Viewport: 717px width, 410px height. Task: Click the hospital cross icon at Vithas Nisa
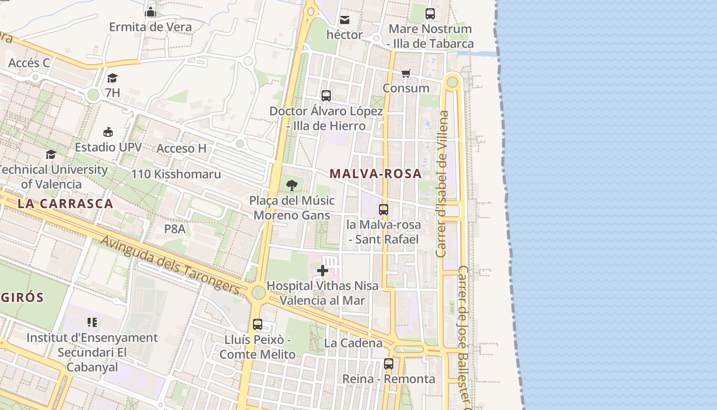(x=323, y=271)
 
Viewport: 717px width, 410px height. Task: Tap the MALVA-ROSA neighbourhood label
(x=375, y=174)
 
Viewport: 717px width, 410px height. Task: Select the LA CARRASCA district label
(x=65, y=203)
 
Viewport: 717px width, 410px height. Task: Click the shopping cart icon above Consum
(x=406, y=73)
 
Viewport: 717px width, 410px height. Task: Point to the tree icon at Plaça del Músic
(x=292, y=186)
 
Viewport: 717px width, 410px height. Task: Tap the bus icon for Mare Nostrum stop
(x=430, y=14)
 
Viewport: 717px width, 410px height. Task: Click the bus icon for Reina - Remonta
(x=389, y=364)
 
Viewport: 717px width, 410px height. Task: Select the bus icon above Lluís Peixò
(x=258, y=324)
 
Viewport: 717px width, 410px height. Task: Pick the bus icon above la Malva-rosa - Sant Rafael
(x=384, y=209)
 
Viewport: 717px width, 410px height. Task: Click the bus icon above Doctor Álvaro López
(x=326, y=96)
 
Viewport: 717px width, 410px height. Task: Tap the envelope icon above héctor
(x=345, y=20)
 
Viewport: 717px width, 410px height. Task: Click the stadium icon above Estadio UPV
(x=108, y=132)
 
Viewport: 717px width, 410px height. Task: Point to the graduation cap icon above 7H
(x=112, y=78)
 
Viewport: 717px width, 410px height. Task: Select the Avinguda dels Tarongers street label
(x=171, y=265)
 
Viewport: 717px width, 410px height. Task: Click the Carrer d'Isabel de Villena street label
(x=442, y=184)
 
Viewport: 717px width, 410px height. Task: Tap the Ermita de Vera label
(x=151, y=27)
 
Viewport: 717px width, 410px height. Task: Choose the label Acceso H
(x=181, y=149)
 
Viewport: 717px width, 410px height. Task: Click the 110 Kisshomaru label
(x=176, y=174)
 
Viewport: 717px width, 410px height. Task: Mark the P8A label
(x=175, y=229)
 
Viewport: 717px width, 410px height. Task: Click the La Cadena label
(x=353, y=343)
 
